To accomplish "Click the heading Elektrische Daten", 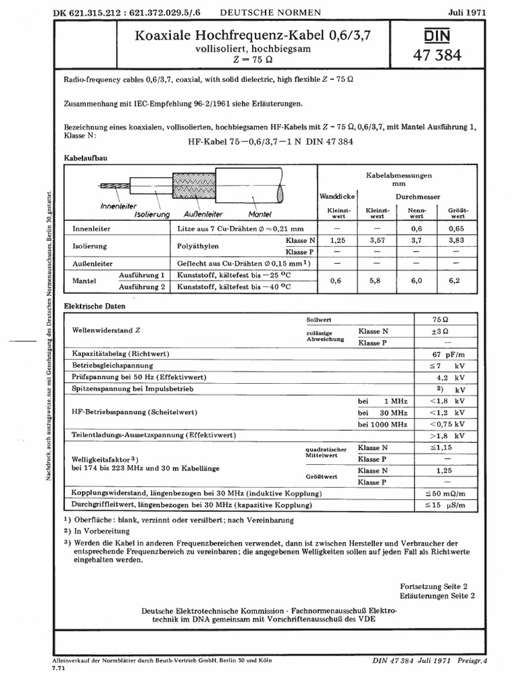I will (95, 306).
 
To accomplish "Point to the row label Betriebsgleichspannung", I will (113, 366).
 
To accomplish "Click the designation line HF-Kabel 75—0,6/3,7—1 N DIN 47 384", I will (267, 142).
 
